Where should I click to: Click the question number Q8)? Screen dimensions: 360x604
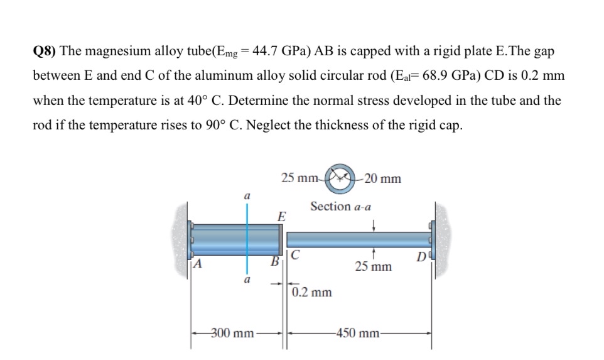coord(45,52)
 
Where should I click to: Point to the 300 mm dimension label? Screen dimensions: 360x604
coord(232,333)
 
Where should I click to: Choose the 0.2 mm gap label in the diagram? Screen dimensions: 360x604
coord(312,292)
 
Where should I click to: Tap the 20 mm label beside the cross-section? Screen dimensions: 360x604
coord(382,179)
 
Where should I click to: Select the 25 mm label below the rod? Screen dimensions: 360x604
coord(374,267)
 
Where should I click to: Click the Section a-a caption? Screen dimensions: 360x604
coord(340,206)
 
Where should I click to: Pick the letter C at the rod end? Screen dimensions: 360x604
coord(295,254)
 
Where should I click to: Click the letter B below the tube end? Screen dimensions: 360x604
coord(274,261)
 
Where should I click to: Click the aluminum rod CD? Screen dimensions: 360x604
coord(358,239)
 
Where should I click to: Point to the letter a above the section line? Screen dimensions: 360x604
coord(247,196)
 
